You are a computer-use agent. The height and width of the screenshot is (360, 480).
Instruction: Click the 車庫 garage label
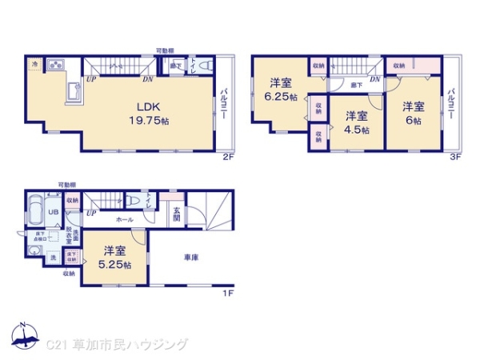click(190, 258)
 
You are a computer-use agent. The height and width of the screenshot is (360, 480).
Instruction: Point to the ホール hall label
click(124, 218)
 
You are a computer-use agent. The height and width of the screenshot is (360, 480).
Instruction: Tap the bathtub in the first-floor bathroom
click(34, 212)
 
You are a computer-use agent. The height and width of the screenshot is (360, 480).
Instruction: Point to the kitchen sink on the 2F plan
click(58, 65)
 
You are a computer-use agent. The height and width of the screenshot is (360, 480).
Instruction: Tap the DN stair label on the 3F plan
click(374, 79)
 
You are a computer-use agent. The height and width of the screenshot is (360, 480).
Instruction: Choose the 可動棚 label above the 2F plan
click(166, 50)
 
